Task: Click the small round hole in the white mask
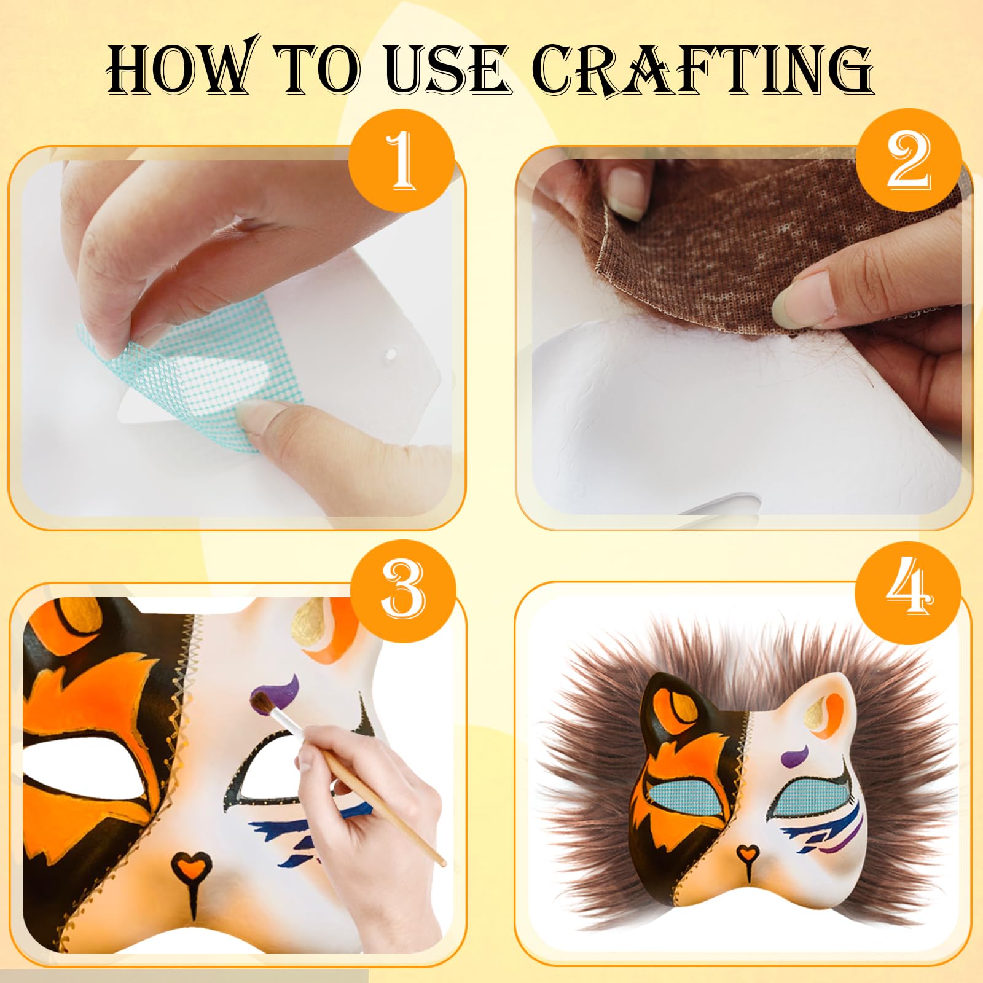pos(390,355)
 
